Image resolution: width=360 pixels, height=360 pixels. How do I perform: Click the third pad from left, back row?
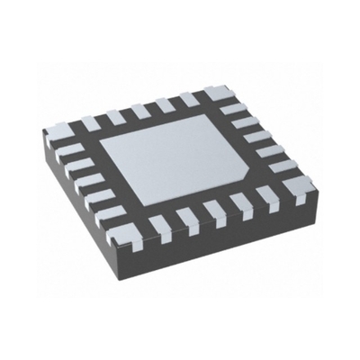pos(137,110)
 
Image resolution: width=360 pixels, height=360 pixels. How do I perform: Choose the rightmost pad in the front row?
pos(272,193)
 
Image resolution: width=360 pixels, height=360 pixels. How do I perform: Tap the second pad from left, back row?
pos(113,116)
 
